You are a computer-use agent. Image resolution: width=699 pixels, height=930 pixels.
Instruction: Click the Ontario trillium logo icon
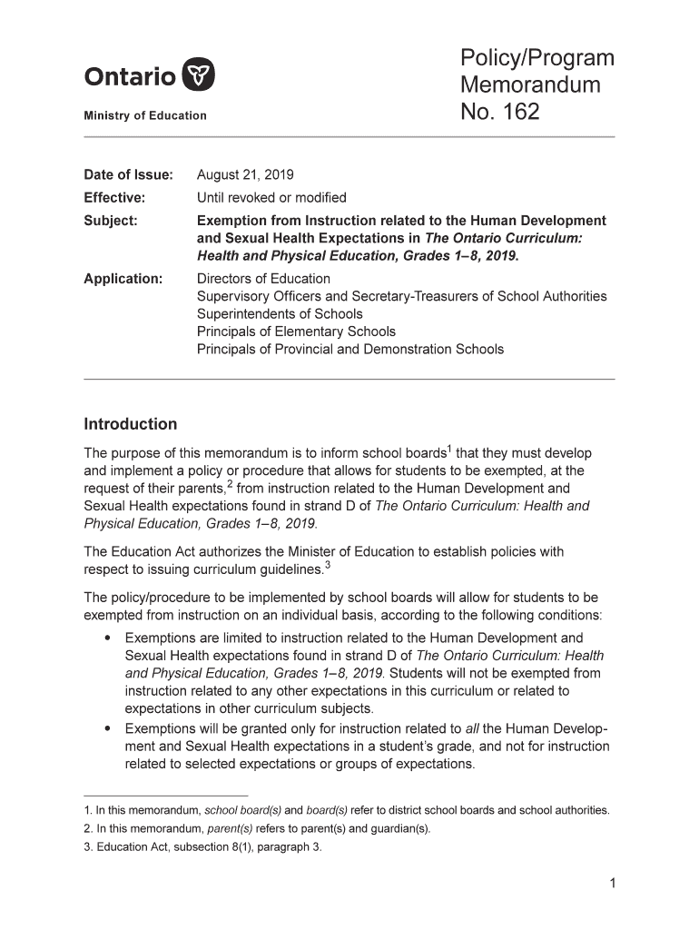click(199, 75)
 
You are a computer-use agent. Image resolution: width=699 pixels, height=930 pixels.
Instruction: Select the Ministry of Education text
click(145, 115)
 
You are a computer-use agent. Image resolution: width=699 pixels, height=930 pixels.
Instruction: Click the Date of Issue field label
click(128, 174)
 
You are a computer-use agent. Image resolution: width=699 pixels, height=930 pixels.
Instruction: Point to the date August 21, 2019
click(245, 174)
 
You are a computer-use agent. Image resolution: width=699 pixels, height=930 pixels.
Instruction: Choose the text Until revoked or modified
click(271, 197)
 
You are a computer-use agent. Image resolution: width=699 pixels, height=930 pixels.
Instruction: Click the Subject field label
click(111, 221)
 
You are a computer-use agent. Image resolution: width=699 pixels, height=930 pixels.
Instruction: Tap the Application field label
click(123, 279)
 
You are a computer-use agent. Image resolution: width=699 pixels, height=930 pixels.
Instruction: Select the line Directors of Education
click(263, 279)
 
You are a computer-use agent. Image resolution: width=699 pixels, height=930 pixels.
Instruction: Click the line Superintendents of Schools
click(280, 314)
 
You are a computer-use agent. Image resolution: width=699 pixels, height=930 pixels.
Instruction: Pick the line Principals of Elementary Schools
click(296, 331)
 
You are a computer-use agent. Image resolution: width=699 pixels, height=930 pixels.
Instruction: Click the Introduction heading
click(131, 424)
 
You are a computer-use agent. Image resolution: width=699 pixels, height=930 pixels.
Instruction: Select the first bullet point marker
click(108, 638)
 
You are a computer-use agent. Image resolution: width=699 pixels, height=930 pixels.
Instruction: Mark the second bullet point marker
click(108, 728)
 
